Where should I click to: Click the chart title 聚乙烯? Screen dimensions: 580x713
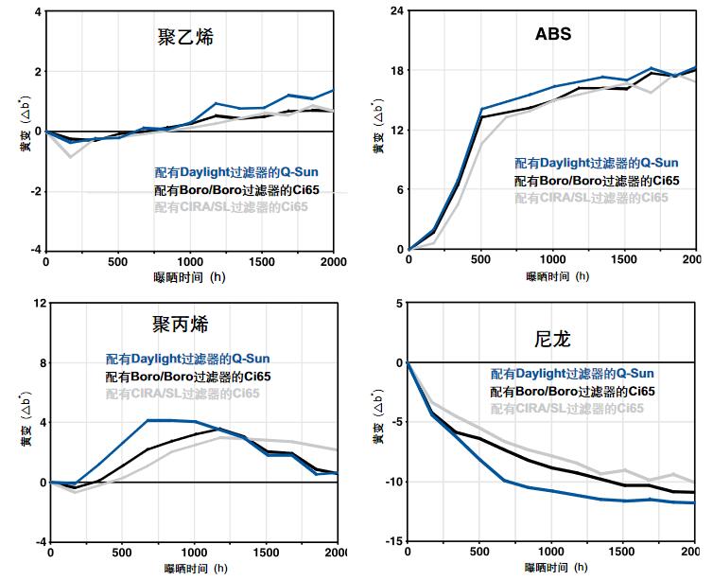(185, 39)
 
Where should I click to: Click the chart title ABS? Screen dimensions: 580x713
(552, 36)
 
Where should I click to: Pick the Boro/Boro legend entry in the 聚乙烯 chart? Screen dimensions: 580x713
(237, 190)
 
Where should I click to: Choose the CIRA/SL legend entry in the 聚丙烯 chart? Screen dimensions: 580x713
(188, 394)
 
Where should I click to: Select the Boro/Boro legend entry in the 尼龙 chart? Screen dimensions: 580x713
(571, 391)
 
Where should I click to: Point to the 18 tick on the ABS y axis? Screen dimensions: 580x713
(397, 71)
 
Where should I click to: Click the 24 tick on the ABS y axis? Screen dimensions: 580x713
(397, 11)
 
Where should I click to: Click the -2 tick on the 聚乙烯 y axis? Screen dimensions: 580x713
(36, 191)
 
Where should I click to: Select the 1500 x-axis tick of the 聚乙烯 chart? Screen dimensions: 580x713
(261, 262)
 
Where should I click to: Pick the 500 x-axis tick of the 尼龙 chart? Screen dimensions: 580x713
(479, 553)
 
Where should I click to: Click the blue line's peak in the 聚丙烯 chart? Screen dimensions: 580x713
(161, 420)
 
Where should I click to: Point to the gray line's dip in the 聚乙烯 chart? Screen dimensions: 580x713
(70, 156)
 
